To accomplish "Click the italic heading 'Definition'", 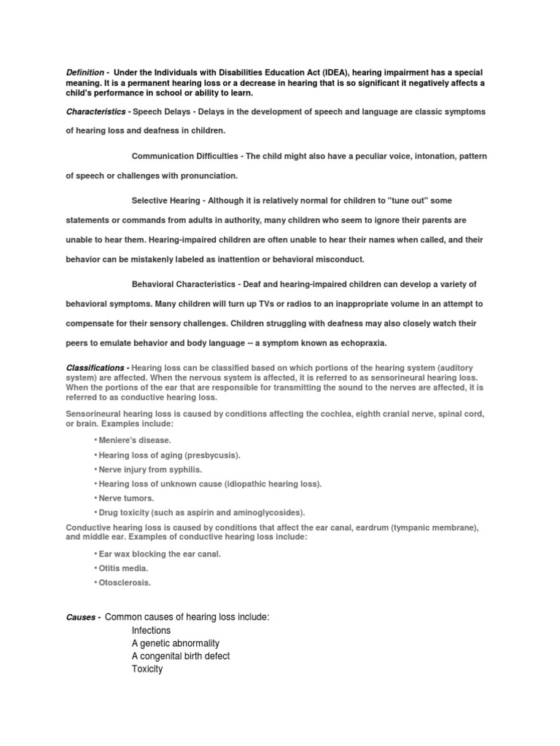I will tap(85, 73).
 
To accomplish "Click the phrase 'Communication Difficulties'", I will tap(187, 157).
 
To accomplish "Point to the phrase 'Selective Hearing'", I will tap(166, 200).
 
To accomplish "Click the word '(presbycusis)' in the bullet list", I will tap(211, 455).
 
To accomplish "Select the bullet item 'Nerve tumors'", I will tap(126, 498).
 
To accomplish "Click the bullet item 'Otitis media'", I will tap(123, 568).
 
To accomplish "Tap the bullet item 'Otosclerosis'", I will tap(125, 582).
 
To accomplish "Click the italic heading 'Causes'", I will tap(80, 617).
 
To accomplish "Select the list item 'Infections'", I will tap(151, 630).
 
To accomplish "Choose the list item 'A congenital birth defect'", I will tap(180, 656).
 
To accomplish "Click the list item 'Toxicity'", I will tap(147, 669).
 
